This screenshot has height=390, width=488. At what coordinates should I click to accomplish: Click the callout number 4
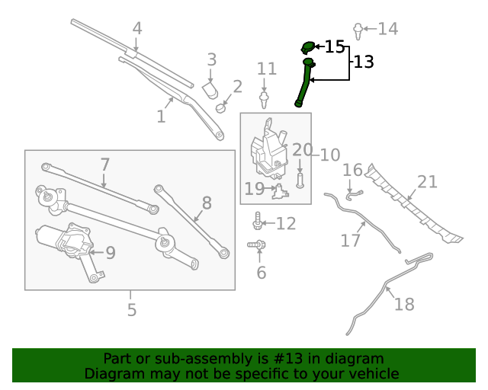coord(137,29)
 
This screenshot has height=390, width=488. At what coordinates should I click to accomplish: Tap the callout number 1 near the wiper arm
coord(161,117)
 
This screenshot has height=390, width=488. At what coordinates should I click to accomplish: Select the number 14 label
coord(387,29)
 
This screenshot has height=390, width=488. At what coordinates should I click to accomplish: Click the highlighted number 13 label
coord(364,62)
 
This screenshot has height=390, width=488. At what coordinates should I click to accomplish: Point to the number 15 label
coord(335,47)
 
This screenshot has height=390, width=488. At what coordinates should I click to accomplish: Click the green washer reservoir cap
coord(308,46)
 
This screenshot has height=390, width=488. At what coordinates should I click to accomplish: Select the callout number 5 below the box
coord(131,310)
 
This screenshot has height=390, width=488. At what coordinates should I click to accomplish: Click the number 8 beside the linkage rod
coord(206,203)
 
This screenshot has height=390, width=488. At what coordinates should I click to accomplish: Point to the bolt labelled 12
coord(258,222)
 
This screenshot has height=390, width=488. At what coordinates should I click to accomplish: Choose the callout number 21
coord(427,181)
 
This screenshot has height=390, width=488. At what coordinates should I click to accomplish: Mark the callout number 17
coord(350,241)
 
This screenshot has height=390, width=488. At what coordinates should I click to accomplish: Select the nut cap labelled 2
coord(220,106)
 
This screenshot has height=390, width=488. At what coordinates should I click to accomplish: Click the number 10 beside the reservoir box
coord(329,155)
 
